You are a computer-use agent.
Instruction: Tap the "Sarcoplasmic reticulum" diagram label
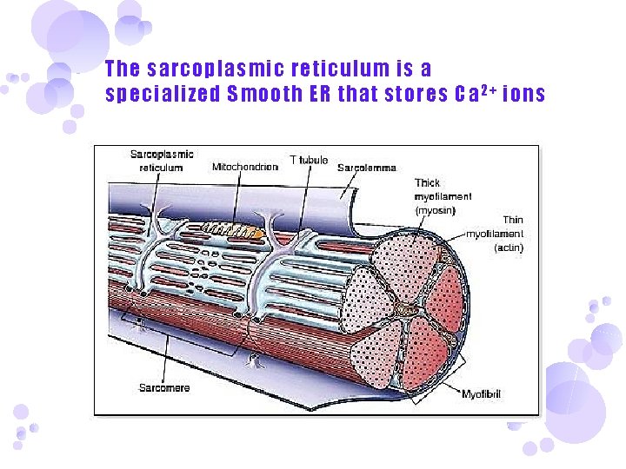(161, 161)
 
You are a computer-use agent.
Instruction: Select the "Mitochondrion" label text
(245, 167)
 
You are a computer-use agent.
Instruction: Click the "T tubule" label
(309, 160)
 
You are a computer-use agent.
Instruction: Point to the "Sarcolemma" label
(367, 167)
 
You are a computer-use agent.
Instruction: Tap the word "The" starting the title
(122, 69)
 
